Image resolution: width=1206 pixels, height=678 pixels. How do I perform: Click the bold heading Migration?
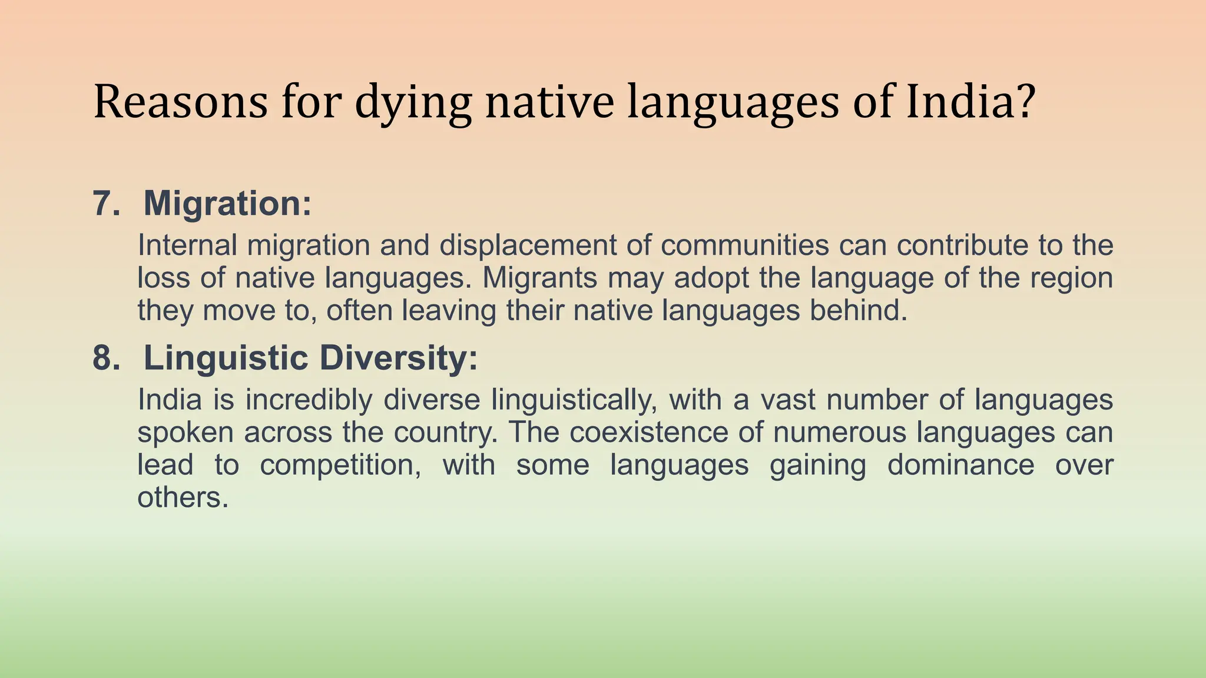pos(227,204)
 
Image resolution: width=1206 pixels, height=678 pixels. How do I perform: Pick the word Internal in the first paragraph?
pos(187,245)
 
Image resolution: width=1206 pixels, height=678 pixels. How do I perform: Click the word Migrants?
pos(540,278)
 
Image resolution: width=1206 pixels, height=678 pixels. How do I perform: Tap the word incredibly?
pos(309,400)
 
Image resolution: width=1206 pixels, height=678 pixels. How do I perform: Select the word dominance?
pos(960,465)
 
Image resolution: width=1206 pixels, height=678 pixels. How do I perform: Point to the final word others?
pos(183,498)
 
